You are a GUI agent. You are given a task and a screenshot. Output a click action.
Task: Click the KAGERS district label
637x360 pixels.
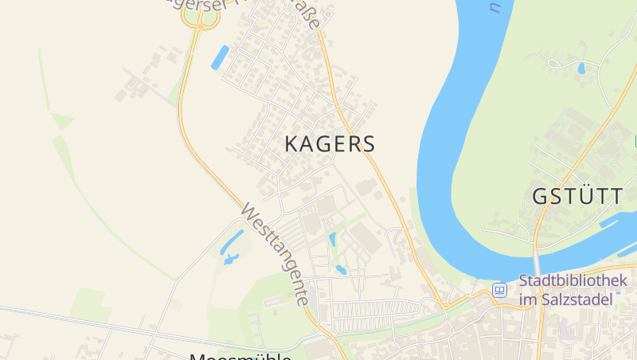click(x=330, y=144)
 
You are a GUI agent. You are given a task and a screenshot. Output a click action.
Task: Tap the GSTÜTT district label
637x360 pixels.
click(x=576, y=196)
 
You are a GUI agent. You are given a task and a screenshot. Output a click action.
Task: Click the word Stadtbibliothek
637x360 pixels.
click(x=573, y=281)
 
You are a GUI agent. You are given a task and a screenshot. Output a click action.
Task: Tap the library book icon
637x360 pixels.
click(x=500, y=290)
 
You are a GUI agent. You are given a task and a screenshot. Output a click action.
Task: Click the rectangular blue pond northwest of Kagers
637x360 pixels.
click(x=219, y=57)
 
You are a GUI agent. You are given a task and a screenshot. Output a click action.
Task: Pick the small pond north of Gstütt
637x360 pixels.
click(x=581, y=68)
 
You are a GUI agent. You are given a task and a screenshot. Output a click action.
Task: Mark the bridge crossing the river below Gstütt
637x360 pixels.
click(x=537, y=262)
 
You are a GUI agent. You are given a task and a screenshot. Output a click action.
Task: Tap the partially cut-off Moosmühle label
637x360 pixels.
click(x=239, y=355)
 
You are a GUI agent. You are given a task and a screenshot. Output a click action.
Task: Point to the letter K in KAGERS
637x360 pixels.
click(x=292, y=144)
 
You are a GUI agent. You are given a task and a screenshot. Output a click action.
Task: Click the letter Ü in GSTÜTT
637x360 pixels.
click(x=583, y=195)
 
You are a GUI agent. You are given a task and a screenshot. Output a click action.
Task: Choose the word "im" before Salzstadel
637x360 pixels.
click(x=527, y=300)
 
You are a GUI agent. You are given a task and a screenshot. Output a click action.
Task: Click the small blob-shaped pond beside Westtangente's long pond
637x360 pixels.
click(x=231, y=259)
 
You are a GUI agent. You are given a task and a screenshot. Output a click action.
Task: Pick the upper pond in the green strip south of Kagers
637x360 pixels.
click(x=333, y=238)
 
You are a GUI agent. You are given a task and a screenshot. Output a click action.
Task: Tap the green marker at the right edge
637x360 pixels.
click(x=635, y=141)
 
